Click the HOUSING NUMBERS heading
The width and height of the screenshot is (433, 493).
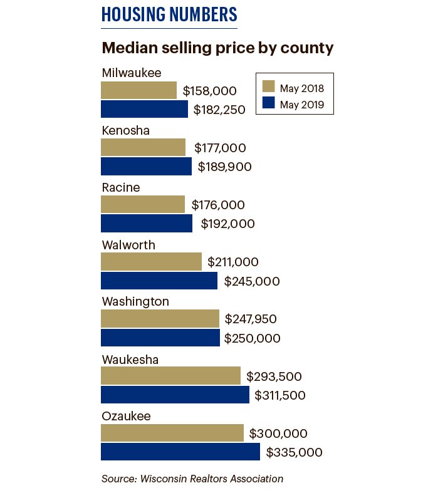point(169,14)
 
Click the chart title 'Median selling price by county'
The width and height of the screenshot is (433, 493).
point(217,48)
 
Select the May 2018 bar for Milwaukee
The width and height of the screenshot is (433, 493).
point(138,90)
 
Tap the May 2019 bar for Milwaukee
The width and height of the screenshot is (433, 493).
point(144,109)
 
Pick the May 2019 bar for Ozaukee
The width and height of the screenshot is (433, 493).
point(180,452)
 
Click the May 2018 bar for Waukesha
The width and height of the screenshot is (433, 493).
point(170,376)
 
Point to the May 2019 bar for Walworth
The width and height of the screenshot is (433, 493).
point(159,281)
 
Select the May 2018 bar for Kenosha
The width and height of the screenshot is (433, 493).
point(143,147)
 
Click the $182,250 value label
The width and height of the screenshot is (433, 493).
point(219,110)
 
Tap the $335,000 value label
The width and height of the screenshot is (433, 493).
point(294,452)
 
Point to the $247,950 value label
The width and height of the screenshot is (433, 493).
point(251,319)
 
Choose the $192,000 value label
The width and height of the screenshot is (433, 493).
point(227,224)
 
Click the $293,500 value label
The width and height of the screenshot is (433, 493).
point(274,376)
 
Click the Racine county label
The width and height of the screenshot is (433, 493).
point(121,187)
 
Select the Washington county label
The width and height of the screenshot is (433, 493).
point(135,301)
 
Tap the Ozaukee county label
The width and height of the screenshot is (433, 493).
point(126,416)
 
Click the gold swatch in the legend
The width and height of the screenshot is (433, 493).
point(269,86)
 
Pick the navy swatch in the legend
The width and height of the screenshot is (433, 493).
point(269,104)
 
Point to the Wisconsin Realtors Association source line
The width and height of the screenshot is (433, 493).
point(192,479)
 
